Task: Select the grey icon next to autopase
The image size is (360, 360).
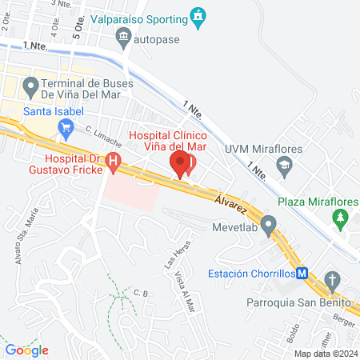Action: (123, 36)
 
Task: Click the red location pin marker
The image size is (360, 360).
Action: (181, 166)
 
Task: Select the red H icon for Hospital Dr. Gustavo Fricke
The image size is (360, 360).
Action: (113, 164)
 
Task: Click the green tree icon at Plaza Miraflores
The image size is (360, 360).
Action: (342, 218)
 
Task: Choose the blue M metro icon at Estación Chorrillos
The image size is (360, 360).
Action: (303, 273)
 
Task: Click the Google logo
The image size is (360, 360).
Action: (27, 350)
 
